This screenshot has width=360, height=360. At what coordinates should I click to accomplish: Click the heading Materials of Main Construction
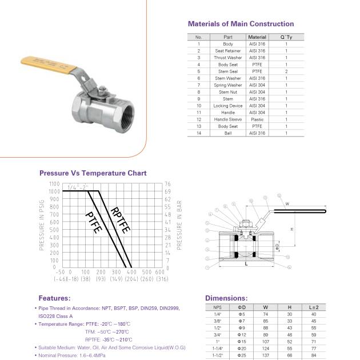[241, 24]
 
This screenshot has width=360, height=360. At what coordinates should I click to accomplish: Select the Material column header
[257, 37]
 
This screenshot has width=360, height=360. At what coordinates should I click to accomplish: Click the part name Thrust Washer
[228, 58]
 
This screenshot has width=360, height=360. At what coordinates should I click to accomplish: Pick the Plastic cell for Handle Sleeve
[257, 119]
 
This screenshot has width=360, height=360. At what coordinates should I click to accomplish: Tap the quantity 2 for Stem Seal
[286, 71]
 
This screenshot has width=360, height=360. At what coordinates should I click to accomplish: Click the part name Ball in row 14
[228, 133]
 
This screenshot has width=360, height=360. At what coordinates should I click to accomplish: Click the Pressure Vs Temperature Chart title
[93, 173]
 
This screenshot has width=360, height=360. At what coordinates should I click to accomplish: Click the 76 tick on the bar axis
[167, 184]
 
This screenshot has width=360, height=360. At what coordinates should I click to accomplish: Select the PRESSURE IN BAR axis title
[179, 226]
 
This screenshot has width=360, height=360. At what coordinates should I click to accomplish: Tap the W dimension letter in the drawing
[287, 203]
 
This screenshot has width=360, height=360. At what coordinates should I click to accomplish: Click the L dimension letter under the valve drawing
[246, 265]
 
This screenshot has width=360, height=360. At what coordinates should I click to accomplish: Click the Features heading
[54, 298]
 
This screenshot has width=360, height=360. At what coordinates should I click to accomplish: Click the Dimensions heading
[226, 298]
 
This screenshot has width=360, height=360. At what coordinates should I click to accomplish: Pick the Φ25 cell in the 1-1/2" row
[242, 355]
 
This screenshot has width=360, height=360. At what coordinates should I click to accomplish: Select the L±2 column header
[313, 307]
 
